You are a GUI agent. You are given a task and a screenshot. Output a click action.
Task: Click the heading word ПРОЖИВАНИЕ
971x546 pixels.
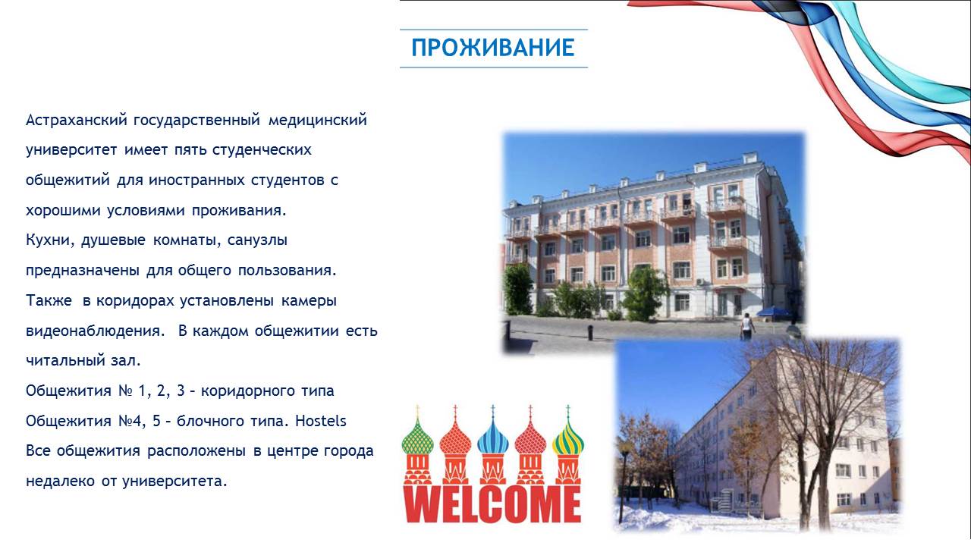click(493, 48)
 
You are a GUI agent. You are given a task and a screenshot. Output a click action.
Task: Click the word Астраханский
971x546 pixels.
click(77, 120)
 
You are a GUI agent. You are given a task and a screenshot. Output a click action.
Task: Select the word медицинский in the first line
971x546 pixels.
click(317, 120)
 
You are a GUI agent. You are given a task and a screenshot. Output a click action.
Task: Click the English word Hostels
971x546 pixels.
click(321, 421)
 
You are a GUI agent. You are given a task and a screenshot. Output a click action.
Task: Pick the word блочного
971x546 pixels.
click(210, 421)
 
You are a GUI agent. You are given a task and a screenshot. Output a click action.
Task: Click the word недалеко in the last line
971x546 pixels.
click(60, 481)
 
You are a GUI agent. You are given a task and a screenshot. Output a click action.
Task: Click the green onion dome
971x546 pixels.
click(417, 438)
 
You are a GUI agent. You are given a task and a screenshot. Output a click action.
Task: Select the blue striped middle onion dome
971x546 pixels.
click(493, 438)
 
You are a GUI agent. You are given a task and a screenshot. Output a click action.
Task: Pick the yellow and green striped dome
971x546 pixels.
click(568, 438)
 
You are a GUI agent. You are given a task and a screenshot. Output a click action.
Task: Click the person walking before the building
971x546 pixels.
click(746, 326)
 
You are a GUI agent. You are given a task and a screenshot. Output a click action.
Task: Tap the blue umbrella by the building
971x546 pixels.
click(774, 312)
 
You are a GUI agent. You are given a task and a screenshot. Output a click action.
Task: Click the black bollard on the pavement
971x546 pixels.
click(589, 332)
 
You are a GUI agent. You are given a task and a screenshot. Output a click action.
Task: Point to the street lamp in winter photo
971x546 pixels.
click(624, 481)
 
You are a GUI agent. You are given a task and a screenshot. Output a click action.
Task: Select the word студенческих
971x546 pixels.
click(262, 150)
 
